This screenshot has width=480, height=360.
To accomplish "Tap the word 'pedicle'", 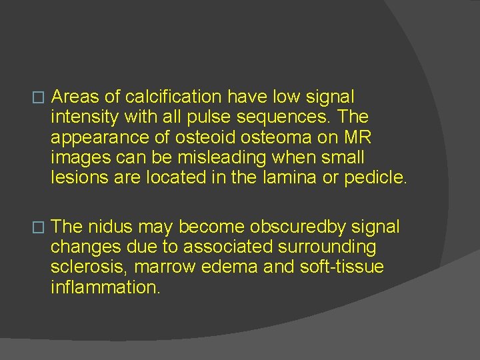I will tap(374, 178).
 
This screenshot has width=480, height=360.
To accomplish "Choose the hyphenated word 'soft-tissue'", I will tap(347, 268).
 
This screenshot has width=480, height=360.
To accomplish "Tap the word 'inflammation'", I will tap(105, 288).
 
